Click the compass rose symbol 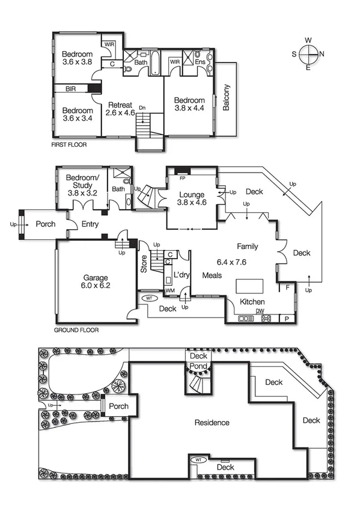coord(308,54)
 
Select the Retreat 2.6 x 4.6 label coord(118,108)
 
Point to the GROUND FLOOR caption coord(76,330)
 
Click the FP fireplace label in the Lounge coord(182,179)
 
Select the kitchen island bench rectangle coord(248,284)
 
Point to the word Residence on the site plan coord(212,423)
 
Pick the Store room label coord(144,265)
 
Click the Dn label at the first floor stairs coord(142,108)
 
